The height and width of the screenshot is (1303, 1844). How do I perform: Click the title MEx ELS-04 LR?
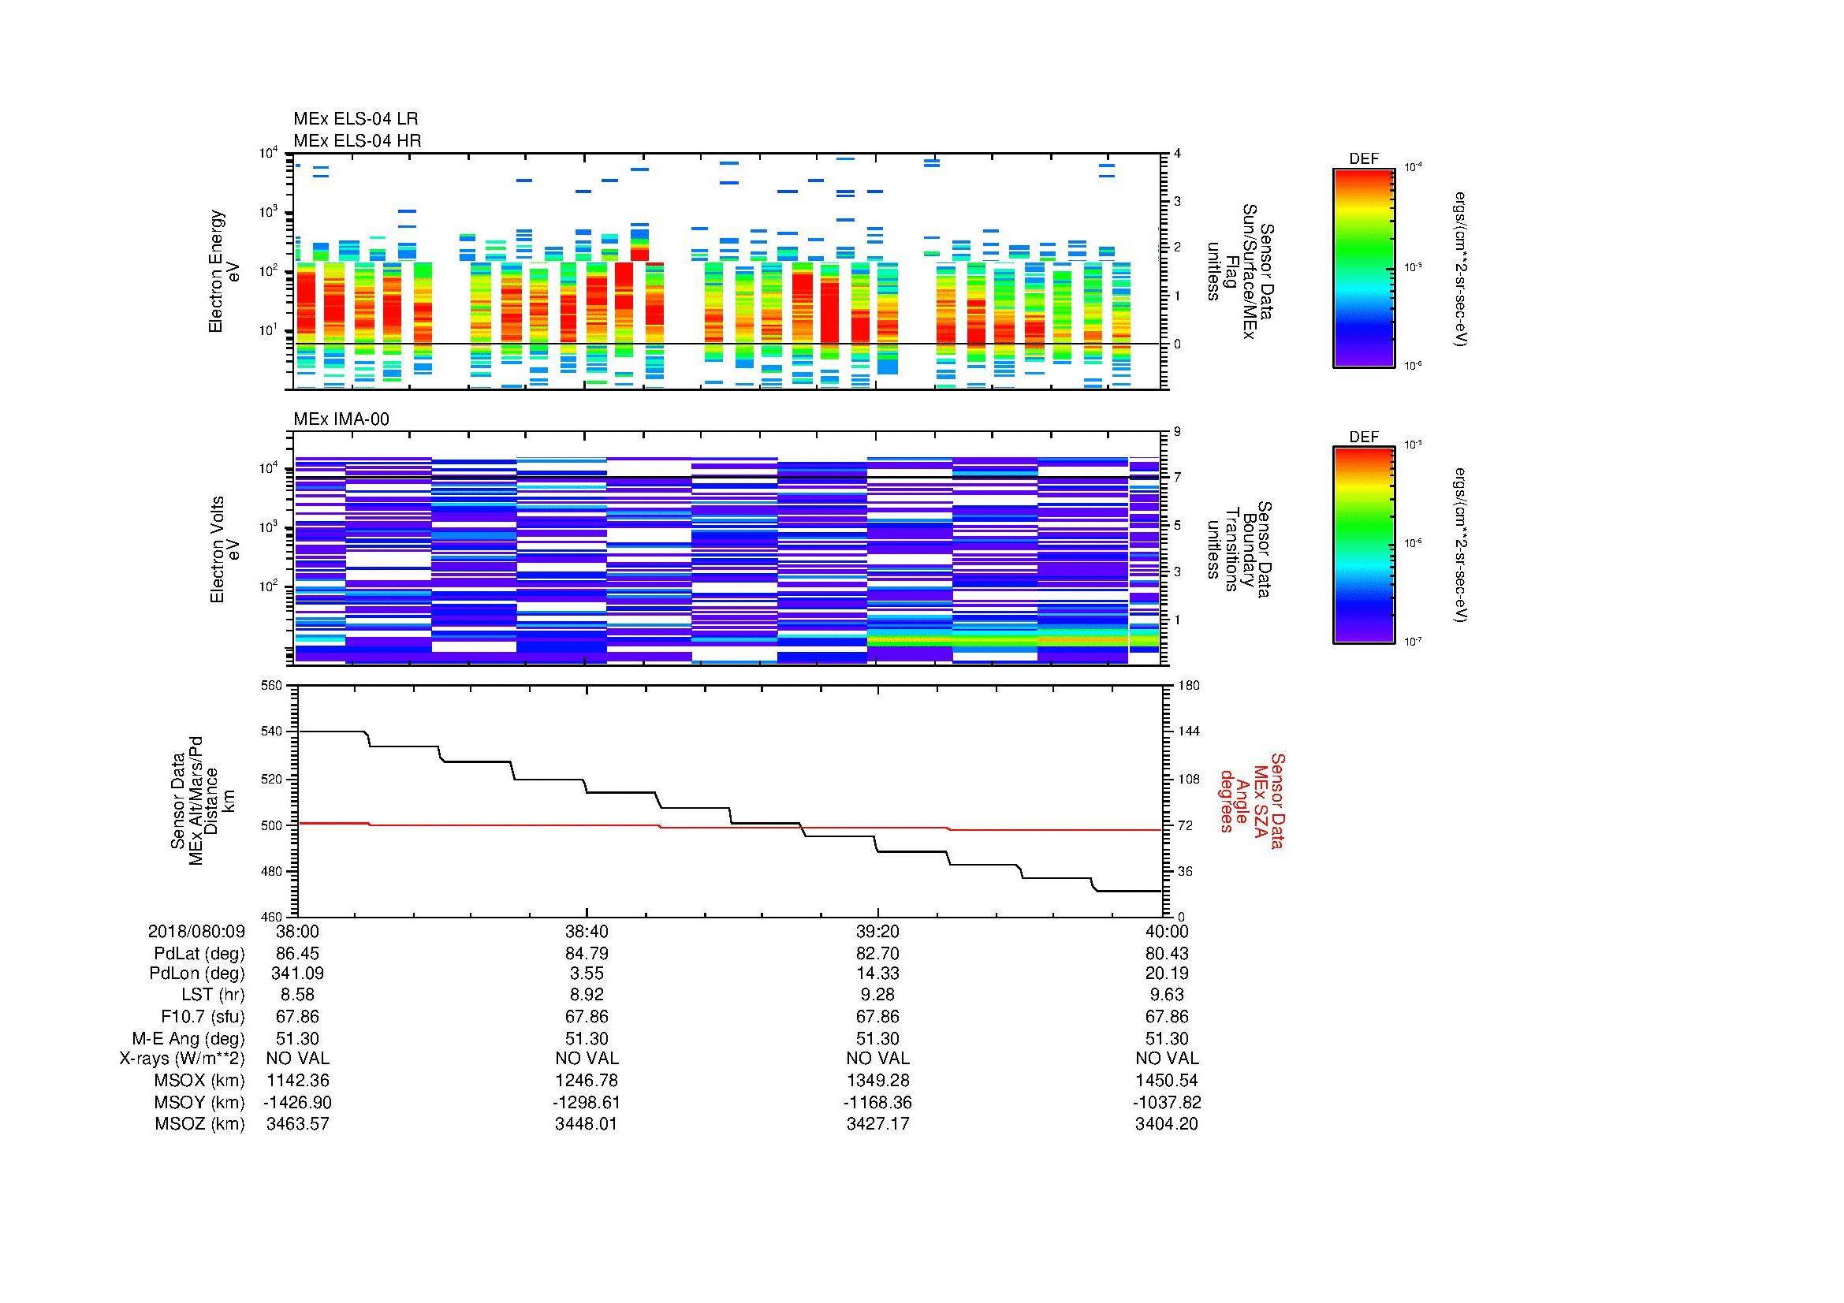355,119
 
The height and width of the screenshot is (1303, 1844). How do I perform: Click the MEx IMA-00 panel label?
341,419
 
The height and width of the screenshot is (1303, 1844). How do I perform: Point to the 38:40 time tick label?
587,931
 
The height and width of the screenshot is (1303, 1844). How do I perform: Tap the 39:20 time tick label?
877,931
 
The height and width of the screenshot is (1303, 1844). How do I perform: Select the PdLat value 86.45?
297,953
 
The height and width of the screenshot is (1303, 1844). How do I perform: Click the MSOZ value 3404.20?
1166,1124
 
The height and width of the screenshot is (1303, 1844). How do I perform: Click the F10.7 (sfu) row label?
203,1016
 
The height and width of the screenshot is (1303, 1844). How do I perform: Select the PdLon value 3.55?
587,974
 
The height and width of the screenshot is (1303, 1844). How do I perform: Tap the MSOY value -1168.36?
877,1102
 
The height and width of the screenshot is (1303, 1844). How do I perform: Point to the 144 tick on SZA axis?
1188,732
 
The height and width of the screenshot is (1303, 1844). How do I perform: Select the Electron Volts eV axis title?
225,550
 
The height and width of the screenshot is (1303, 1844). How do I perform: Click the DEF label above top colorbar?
1363,159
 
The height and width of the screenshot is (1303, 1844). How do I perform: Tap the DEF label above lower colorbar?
1363,437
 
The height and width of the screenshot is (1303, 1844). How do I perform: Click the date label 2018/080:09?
196,931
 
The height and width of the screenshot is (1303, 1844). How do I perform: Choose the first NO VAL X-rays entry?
297,1059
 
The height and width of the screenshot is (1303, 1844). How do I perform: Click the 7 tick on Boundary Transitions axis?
1177,477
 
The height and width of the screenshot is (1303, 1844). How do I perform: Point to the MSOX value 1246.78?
587,1081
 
